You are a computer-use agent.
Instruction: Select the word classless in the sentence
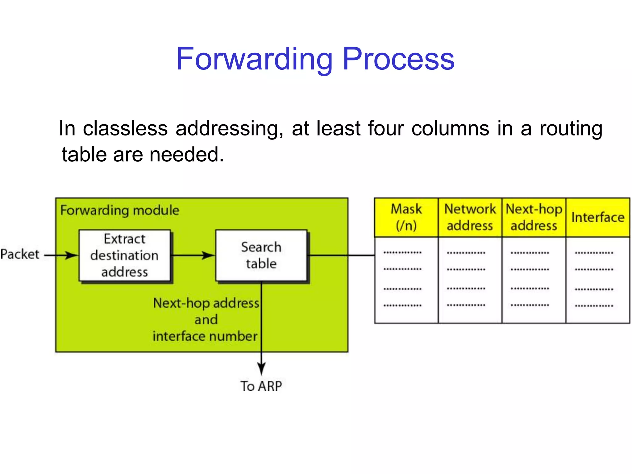[x=125, y=128]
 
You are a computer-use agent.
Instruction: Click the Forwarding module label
[x=120, y=210]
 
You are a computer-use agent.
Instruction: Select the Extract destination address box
[x=124, y=256]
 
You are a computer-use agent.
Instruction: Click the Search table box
[x=261, y=256]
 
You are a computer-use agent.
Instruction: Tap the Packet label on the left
[x=20, y=254]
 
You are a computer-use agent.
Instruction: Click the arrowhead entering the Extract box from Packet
[x=72, y=255]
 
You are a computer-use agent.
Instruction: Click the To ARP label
[x=261, y=386]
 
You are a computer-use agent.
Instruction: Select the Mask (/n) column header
[x=406, y=217]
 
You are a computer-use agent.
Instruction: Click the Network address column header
[x=470, y=217]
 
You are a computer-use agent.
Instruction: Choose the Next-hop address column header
[x=534, y=217]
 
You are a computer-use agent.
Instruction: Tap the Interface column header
[x=598, y=217]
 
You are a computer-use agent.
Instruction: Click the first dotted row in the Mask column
[x=402, y=253]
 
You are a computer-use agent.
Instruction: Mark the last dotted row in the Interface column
[x=594, y=306]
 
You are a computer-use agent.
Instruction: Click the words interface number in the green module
[x=205, y=336]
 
